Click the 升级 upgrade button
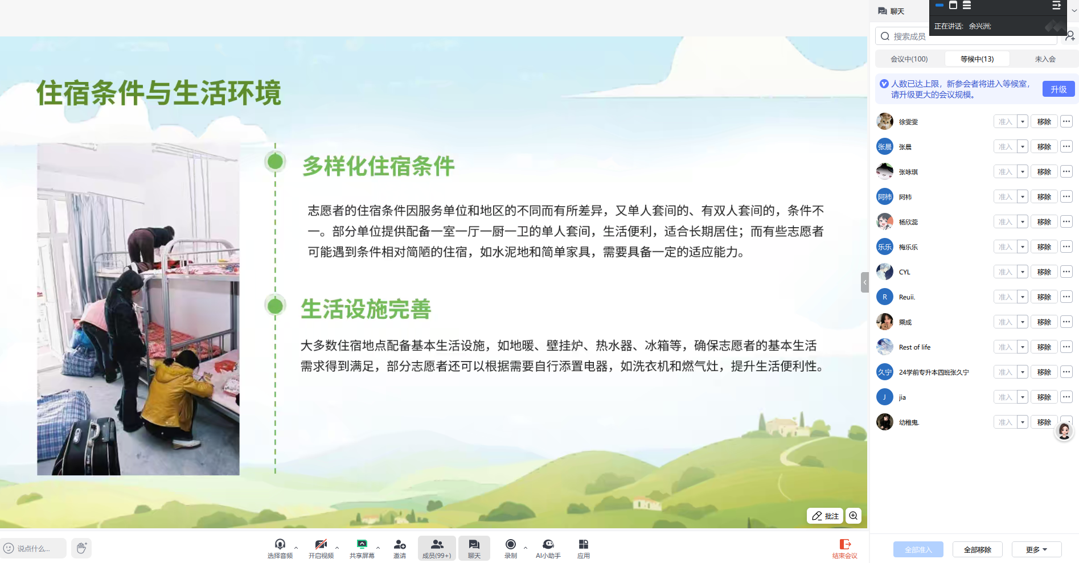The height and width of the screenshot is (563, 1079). click(1059, 89)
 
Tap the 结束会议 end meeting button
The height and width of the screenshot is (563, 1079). click(845, 549)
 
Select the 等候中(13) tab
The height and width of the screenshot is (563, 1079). click(977, 59)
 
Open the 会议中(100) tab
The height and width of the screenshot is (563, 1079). click(909, 59)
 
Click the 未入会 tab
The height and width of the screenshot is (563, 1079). click(1045, 59)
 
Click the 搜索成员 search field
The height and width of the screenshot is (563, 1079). click(966, 36)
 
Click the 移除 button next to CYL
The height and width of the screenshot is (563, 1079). click(1044, 272)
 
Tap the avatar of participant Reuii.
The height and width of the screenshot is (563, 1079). click(885, 297)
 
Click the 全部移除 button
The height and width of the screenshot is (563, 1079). click(977, 550)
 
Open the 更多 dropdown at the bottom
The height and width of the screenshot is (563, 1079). click(1036, 550)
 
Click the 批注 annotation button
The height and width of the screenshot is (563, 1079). click(825, 516)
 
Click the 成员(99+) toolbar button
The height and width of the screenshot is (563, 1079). click(437, 548)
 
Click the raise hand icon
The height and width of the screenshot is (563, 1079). click(81, 548)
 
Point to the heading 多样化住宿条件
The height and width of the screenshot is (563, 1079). click(378, 166)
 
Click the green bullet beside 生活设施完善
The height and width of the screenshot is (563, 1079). click(275, 306)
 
